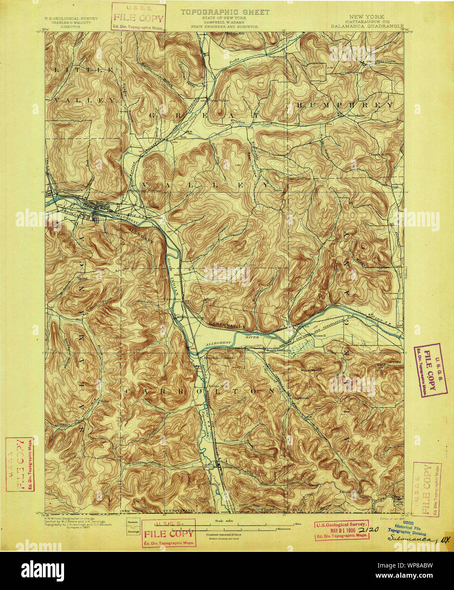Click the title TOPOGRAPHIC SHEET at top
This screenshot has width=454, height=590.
(224, 12)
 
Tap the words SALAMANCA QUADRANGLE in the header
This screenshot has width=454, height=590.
(367, 26)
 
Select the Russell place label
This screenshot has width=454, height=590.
(319, 335)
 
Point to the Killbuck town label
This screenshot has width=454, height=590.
(151, 207)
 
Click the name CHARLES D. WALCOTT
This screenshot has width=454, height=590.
(71, 22)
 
